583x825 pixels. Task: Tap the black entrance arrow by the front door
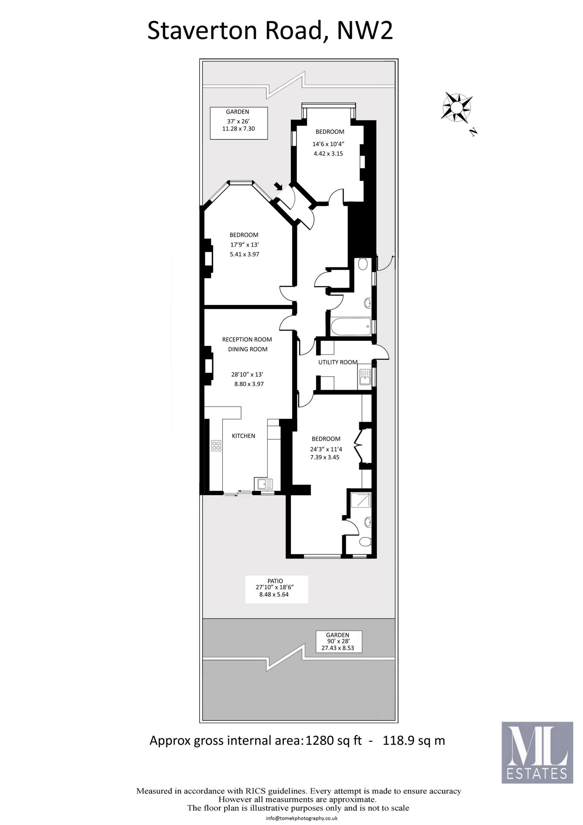(278, 187)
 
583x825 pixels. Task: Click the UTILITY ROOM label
(337, 362)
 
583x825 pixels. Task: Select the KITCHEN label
(243, 436)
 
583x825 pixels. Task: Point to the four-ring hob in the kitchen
(216, 446)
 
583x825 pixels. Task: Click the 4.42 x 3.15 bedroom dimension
(328, 153)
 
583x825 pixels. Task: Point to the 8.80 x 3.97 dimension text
(249, 384)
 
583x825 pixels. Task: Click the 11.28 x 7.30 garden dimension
(239, 128)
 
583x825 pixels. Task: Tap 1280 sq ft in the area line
(333, 741)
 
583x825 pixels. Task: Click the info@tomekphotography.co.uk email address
(302, 818)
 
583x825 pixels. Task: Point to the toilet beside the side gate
(363, 265)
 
